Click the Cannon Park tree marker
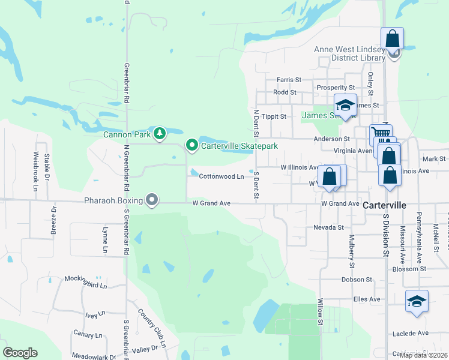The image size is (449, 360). tap(159, 133)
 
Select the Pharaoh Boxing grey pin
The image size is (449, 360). tap(152, 200)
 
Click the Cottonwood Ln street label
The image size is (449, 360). tap(221, 176)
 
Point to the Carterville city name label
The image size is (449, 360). tap(385, 205)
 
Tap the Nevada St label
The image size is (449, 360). tap(328, 227)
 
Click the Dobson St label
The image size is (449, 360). tap(357, 280)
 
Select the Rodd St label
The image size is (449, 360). tap(285, 92)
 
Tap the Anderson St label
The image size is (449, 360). tap(331, 139)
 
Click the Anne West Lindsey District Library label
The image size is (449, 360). tap(350, 54)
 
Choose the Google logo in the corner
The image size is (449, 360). tap(20, 353)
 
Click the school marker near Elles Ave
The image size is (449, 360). tap(417, 301)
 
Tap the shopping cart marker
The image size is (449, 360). tap(381, 134)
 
